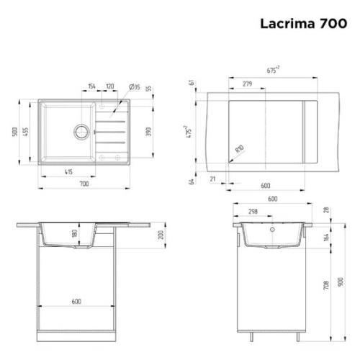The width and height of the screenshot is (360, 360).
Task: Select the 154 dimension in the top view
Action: click(91, 87)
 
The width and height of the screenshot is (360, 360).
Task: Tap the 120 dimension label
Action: click(109, 87)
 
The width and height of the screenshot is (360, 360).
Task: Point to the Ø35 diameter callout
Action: click(134, 87)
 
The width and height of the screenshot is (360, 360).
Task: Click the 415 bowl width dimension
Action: click(68, 172)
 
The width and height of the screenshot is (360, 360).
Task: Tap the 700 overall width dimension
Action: click(84, 185)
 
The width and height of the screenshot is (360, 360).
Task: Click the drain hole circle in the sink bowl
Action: click(81, 132)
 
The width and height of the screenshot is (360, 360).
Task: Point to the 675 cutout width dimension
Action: click(273, 71)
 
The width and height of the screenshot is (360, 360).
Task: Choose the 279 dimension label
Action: click(247, 84)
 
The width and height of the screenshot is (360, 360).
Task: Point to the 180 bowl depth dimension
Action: click(73, 234)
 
